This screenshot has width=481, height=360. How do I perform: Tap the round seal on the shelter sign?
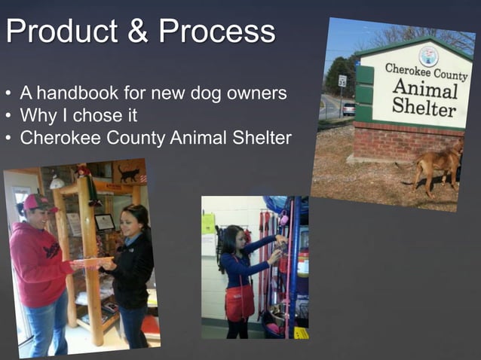(x=429, y=55)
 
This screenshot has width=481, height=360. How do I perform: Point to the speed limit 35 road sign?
(x=342, y=81)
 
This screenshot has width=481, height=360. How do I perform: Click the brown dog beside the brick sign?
(x=439, y=166)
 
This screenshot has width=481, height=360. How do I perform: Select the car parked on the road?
(x=348, y=108)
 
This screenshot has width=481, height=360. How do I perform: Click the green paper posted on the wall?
(x=208, y=224)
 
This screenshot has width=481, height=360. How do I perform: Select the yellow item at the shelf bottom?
(x=301, y=332)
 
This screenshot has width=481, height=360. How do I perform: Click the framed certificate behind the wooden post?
(x=105, y=221)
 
